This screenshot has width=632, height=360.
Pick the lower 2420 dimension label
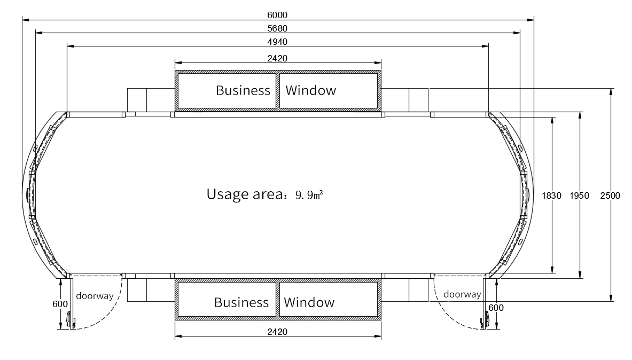pyautogui.click(x=278, y=332)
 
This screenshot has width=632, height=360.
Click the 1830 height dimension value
pyautogui.click(x=551, y=195)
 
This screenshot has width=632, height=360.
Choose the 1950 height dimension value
pyautogui.click(x=579, y=195)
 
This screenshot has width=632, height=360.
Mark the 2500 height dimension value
pyautogui.click(x=610, y=195)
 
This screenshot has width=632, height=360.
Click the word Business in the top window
pyautogui.click(x=243, y=90)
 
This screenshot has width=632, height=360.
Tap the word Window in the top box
pyautogui.click(x=311, y=90)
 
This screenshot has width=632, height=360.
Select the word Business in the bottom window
pyautogui.click(x=241, y=302)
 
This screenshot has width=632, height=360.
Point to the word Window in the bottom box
pyautogui.click(x=309, y=302)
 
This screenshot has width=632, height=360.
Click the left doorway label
pyautogui.click(x=95, y=295)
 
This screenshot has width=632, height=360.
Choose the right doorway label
pyautogui.click(x=462, y=294)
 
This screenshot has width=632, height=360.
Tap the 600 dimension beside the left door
pyautogui.click(x=60, y=304)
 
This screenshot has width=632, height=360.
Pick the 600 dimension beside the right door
pyautogui.click(x=496, y=308)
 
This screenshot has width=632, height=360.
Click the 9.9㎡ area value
pyautogui.click(x=309, y=194)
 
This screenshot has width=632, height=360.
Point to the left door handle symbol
pyautogui.click(x=70, y=320)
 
